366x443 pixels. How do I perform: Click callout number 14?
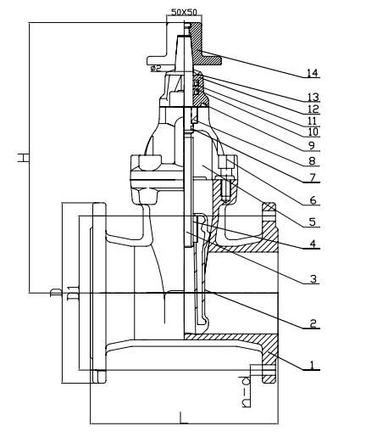click(314, 74)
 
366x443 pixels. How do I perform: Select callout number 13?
click(314, 98)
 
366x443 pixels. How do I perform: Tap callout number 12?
click(314, 109)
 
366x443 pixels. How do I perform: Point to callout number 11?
click(314, 121)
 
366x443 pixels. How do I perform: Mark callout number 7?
click(314, 178)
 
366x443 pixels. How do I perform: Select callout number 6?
click(314, 200)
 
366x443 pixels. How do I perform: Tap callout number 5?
click(314, 222)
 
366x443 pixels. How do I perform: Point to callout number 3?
click(314, 278)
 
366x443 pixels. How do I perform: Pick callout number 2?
click(314, 323)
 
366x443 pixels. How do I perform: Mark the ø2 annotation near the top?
click(156, 68)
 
